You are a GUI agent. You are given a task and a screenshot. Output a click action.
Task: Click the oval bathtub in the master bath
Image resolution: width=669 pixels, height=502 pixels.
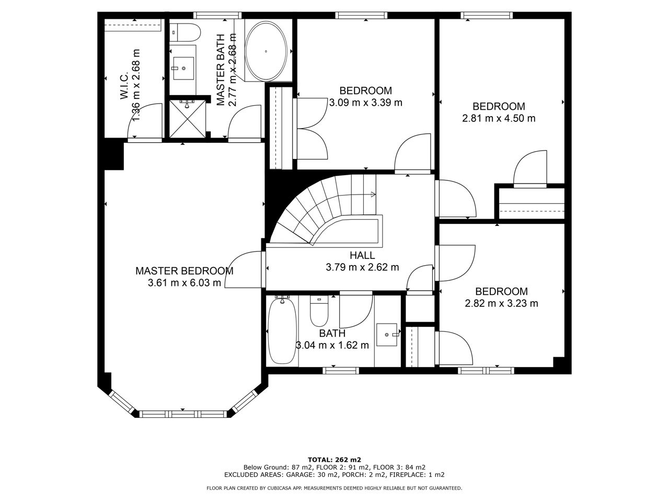[266, 51]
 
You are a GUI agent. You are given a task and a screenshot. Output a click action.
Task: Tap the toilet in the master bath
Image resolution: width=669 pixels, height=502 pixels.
[184, 33]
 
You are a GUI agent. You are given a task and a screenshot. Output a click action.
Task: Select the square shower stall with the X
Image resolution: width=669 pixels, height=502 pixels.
[188, 119]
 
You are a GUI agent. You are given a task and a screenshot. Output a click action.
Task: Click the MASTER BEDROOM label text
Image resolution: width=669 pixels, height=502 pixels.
[184, 271]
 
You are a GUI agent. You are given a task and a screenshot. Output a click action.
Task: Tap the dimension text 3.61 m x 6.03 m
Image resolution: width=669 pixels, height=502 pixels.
[184, 283]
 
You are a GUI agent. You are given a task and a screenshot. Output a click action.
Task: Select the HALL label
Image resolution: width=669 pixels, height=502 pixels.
[362, 255]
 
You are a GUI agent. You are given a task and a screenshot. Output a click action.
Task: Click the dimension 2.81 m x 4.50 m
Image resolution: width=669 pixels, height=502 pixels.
[499, 118]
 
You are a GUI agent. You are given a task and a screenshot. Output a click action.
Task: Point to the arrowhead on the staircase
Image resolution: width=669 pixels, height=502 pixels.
[373, 195]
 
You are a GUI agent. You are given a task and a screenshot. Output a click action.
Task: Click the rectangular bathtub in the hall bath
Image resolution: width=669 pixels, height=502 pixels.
[282, 330]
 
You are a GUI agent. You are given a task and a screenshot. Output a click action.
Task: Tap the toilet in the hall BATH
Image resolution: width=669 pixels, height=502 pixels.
[319, 311]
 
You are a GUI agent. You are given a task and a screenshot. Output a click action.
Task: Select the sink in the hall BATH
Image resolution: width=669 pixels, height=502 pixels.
[387, 335]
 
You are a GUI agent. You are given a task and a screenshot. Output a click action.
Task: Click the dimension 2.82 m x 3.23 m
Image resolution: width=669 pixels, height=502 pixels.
[501, 303]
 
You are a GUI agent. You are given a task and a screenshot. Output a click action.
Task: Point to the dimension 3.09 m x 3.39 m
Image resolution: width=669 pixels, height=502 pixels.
[366, 102]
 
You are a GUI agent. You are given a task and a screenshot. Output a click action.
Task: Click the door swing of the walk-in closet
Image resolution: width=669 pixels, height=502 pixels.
[145, 121]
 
